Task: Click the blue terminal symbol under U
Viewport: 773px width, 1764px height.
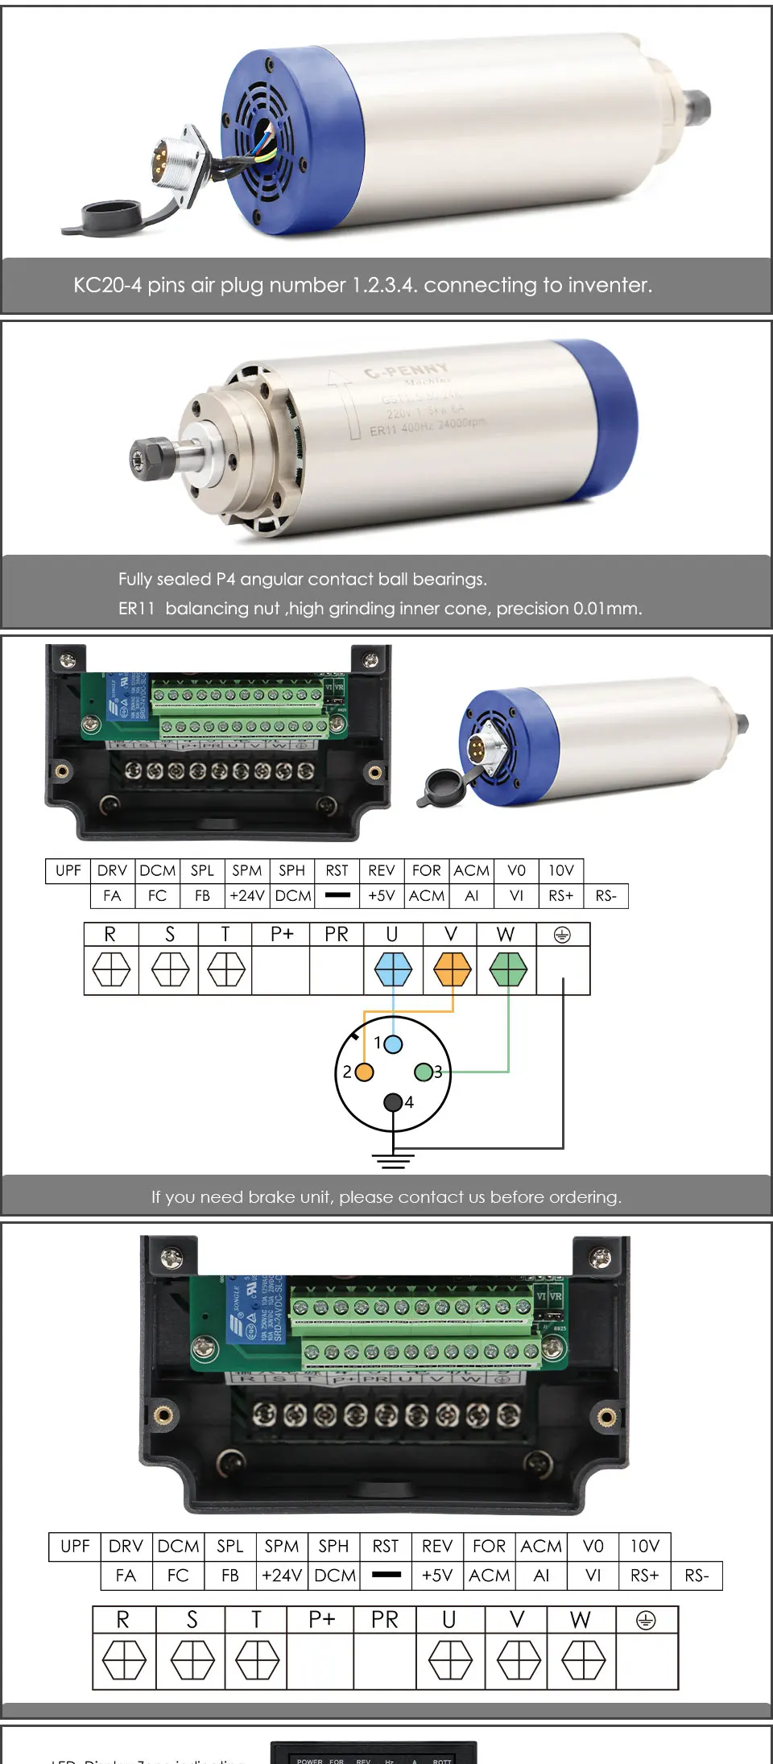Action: (x=393, y=969)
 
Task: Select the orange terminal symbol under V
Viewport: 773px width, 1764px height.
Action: (x=452, y=969)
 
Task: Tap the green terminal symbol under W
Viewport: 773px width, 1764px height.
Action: (x=508, y=969)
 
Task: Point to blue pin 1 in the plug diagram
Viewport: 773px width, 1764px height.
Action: (x=393, y=1044)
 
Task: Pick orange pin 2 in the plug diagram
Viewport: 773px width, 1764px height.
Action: (x=364, y=1072)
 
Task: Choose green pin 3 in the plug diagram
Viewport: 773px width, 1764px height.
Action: (x=423, y=1072)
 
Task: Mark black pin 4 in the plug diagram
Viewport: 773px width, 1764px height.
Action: (x=392, y=1102)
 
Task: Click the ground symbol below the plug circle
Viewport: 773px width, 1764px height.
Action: (x=393, y=1160)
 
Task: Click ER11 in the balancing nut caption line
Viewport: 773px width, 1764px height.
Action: (x=136, y=609)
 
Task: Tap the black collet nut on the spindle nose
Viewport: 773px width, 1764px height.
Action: (x=151, y=458)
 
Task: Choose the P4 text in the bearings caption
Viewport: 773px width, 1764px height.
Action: (x=225, y=580)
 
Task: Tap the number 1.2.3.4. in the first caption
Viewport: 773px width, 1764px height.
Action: (x=384, y=285)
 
